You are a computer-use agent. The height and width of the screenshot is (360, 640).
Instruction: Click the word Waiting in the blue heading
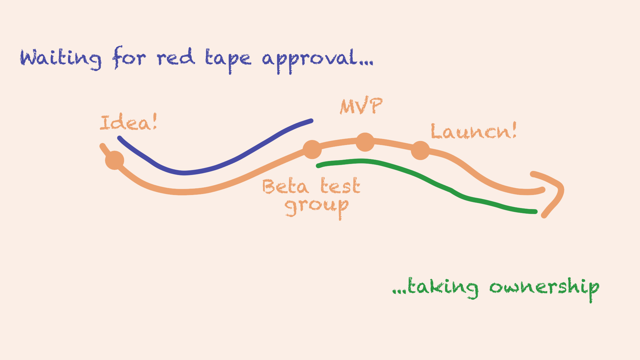60,58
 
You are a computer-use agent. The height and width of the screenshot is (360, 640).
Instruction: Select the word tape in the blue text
228,59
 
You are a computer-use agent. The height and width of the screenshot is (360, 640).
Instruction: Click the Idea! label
129,123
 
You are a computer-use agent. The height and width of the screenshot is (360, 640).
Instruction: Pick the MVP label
361,106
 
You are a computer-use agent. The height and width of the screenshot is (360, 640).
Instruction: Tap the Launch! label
474,131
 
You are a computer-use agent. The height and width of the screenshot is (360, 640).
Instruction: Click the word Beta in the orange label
285,186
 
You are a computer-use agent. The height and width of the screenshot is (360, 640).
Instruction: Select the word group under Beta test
317,207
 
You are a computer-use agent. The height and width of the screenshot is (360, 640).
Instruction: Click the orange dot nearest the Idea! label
115,160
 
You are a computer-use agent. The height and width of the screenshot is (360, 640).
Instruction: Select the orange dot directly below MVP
365,142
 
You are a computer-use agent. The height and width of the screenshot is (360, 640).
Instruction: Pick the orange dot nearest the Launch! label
420,150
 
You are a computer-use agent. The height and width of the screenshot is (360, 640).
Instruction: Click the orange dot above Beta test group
312,149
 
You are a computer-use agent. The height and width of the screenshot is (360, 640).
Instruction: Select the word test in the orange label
340,186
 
